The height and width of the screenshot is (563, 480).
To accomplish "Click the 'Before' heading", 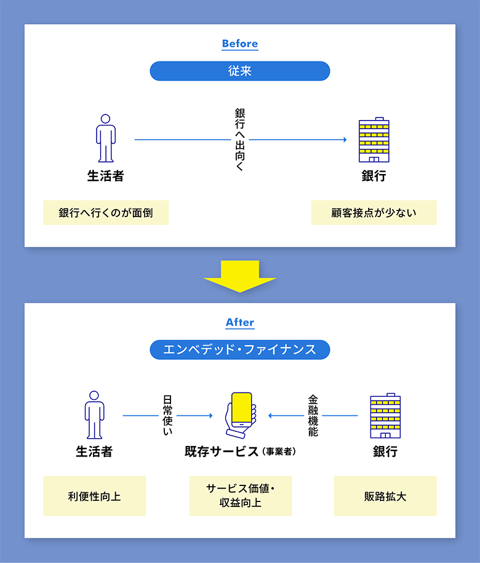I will (240, 44).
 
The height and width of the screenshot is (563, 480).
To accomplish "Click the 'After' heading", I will (240, 322).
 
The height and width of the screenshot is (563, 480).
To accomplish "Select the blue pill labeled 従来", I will (240, 71).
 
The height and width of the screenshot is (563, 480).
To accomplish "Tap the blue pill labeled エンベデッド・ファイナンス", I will (240, 350).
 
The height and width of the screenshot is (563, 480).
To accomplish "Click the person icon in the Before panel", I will (106, 138).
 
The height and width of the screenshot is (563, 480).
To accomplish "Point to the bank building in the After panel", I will (385, 417).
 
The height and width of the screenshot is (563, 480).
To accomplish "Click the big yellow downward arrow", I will (240, 276).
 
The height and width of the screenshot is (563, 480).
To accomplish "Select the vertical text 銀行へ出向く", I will (240, 140).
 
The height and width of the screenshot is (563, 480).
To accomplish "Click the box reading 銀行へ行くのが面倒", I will (106, 213).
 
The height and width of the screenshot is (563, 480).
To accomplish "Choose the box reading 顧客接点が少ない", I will (374, 213).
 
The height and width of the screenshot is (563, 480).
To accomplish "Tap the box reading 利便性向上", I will (94, 495).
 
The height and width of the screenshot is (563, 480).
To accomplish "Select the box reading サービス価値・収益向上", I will (240, 495).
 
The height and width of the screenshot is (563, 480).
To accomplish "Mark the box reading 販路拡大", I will (385, 495).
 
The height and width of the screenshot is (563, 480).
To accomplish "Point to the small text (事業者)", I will (279, 452).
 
